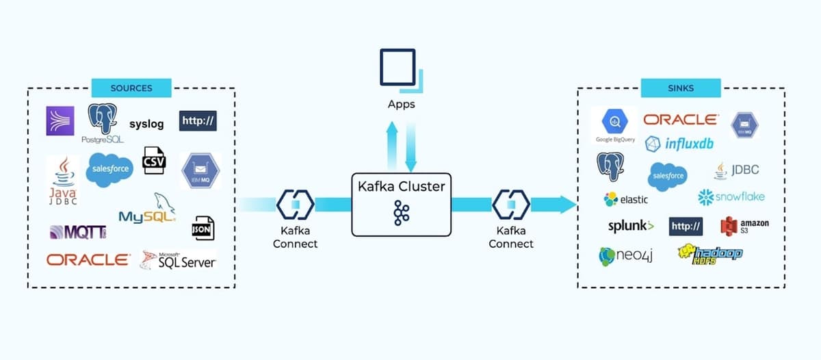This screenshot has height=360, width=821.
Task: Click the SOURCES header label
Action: pos(131,88)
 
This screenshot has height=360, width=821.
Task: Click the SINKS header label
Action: pos(681,88)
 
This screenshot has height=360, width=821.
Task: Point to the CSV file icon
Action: pos(154,161)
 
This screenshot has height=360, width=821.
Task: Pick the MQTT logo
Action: pos(77,232)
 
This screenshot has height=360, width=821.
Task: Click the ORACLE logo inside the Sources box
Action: pos(88,260)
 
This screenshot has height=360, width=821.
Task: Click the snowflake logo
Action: pos(731,197)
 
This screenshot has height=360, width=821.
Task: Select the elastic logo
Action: pos(625,199)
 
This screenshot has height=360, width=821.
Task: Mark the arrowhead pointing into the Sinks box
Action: pos(566,204)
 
